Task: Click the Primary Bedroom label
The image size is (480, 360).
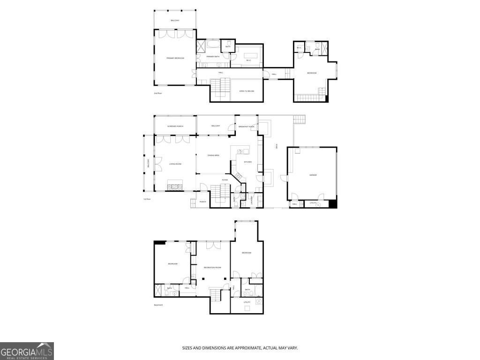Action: (x=175, y=58)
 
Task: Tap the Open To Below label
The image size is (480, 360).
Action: (x=247, y=91)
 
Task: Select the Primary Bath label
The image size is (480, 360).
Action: (x=213, y=57)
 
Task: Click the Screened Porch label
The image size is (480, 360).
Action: (x=175, y=126)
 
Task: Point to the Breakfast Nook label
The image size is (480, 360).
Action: (x=246, y=127)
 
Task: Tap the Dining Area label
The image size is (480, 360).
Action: (x=214, y=155)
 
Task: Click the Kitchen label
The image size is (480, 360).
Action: (x=247, y=162)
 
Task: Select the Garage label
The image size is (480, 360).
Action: (x=313, y=175)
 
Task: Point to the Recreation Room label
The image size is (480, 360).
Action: (x=212, y=268)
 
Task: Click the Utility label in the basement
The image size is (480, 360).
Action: (x=247, y=302)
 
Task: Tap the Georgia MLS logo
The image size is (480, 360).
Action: (x=27, y=351)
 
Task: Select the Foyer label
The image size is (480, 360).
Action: (x=225, y=180)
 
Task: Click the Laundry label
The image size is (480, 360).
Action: (x=252, y=200)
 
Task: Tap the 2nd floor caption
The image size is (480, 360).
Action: (x=157, y=93)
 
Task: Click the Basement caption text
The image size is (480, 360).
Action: (x=158, y=305)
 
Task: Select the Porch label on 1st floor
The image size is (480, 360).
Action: (x=203, y=202)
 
